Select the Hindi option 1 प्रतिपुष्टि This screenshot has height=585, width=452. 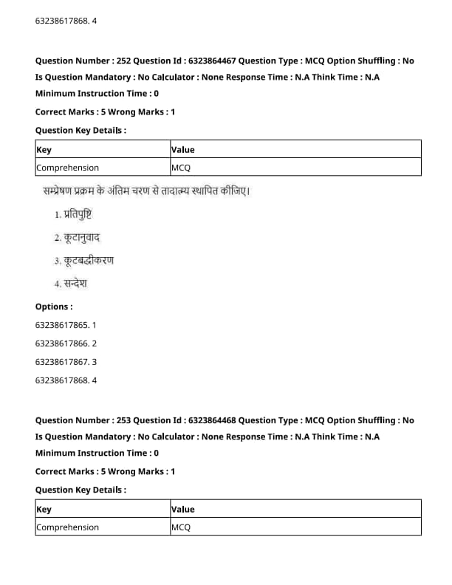tap(75, 214)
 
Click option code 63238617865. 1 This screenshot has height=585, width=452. tap(66, 324)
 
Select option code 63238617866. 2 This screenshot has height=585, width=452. tap(66, 343)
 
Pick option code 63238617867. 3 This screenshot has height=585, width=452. tap(66, 362)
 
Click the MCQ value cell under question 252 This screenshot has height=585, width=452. tap(181, 168)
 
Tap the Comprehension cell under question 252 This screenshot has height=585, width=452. tap(67, 168)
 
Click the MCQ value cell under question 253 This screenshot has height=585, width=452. tap(181, 527)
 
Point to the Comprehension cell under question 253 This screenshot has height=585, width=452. tap(67, 527)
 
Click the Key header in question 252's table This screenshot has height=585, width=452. tap(44, 149)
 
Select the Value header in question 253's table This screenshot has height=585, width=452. tap(183, 509)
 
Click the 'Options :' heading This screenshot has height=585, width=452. tap(54, 307)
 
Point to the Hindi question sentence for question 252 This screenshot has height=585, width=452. tap(146, 192)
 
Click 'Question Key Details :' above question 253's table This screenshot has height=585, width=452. tap(81, 490)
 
